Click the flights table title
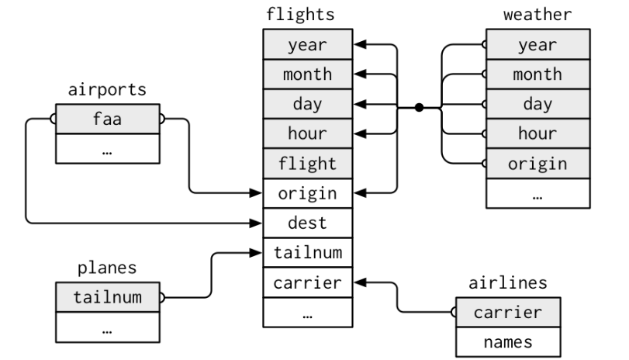pyautogui.click(x=307, y=14)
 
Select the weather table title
pyautogui.click(x=537, y=14)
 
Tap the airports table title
pyautogui.click(x=107, y=89)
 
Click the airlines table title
pyautogui.click(x=508, y=283)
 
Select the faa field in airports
pyautogui.click(x=107, y=119)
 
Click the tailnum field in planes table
pyautogui.click(x=107, y=297)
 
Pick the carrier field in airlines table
pyautogui.click(x=508, y=313)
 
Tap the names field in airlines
pyautogui.click(x=508, y=341)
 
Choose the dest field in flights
pyautogui.click(x=307, y=223)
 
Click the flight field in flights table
pyautogui.click(x=307, y=164)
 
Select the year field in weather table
pyautogui.click(x=537, y=44)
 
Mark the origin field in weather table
pyautogui.click(x=537, y=164)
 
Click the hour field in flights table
pyautogui.click(x=307, y=133)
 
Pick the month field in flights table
pyautogui.click(x=307, y=74)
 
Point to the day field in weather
pyautogui.click(x=537, y=104)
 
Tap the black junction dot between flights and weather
pyautogui.click(x=419, y=107)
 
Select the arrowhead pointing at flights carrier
pyautogui.click(x=358, y=282)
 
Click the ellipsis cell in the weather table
pyautogui.click(x=537, y=194)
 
